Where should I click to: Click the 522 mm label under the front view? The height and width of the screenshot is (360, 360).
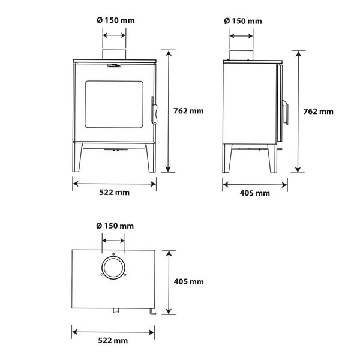(114, 192)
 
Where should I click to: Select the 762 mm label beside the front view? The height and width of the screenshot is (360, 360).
(188, 111)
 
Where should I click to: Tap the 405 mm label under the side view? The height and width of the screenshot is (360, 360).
(254, 193)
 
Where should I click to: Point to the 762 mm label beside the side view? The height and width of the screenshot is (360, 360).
(319, 111)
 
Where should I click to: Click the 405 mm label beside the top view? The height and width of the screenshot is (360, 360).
(188, 281)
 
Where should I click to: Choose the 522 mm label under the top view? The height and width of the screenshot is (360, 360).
(114, 340)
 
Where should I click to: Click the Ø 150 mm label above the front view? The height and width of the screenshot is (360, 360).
(115, 20)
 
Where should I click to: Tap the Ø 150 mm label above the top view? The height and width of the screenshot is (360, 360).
(114, 226)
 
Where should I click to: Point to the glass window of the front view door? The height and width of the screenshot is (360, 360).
(114, 105)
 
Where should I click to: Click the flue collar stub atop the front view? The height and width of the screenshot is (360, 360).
(115, 56)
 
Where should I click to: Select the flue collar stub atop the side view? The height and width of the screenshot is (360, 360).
(242, 56)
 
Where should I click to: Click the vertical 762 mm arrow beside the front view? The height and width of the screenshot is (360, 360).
(170, 111)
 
